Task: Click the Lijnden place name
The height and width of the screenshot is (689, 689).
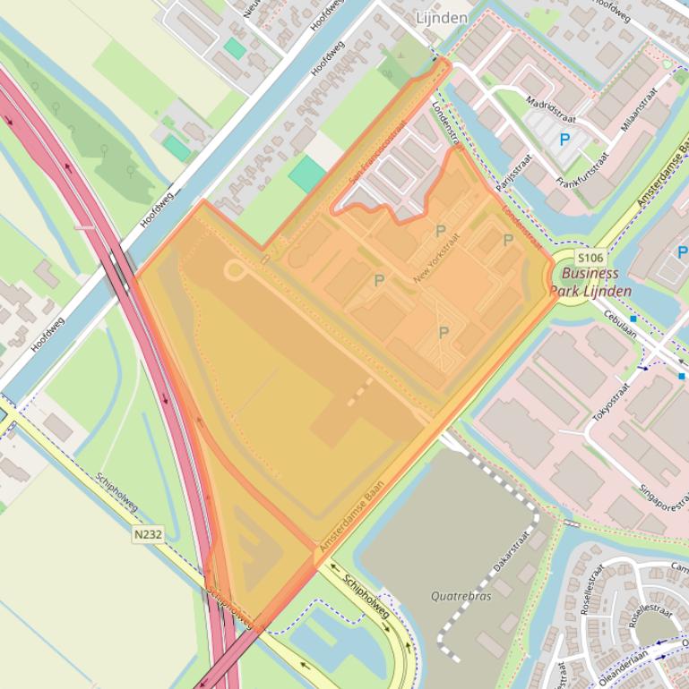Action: pos(443,18)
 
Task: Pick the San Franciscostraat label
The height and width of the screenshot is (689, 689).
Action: pos(377,153)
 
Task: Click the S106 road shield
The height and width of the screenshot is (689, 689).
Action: pos(590,258)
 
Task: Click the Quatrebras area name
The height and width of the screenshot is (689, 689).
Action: pos(461,596)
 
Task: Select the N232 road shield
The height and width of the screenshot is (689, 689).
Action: pos(148,534)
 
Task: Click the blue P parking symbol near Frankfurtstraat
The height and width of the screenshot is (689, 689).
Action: pos(564,140)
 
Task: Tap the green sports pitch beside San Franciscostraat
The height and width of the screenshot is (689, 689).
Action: pos(307,174)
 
